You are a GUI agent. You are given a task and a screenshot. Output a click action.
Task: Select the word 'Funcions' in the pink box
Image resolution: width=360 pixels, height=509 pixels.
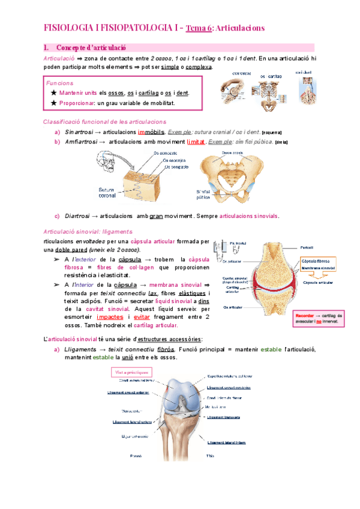60,83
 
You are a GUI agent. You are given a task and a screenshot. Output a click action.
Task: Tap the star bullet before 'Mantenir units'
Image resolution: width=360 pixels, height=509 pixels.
54,93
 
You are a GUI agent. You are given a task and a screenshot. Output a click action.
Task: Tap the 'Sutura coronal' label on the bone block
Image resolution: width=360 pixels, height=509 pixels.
107,192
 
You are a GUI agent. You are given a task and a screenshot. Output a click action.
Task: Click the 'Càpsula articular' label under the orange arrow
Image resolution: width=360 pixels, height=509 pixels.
318,282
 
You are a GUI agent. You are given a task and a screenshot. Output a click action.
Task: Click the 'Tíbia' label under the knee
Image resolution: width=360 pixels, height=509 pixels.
211,456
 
